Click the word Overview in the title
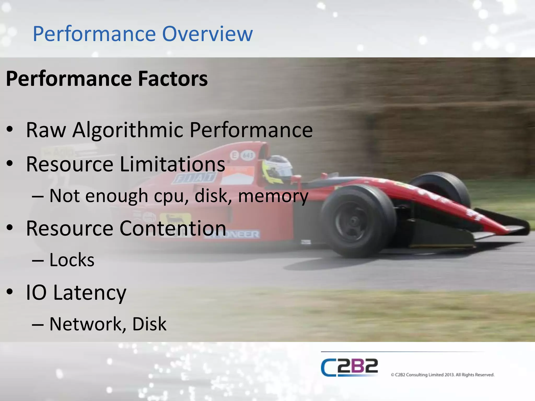(207, 34)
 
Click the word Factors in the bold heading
(173, 79)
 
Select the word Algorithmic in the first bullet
(128, 130)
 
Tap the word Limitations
(172, 164)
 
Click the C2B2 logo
(349, 368)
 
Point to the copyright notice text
(443, 375)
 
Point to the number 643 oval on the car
(247, 156)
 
